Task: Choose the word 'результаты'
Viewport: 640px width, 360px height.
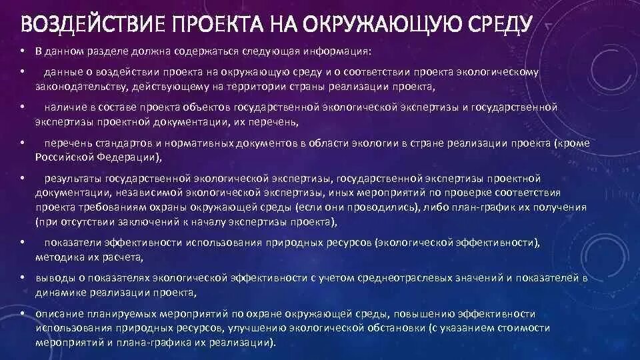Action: (x=73, y=179)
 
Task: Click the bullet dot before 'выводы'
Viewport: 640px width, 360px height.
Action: (x=22, y=277)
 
